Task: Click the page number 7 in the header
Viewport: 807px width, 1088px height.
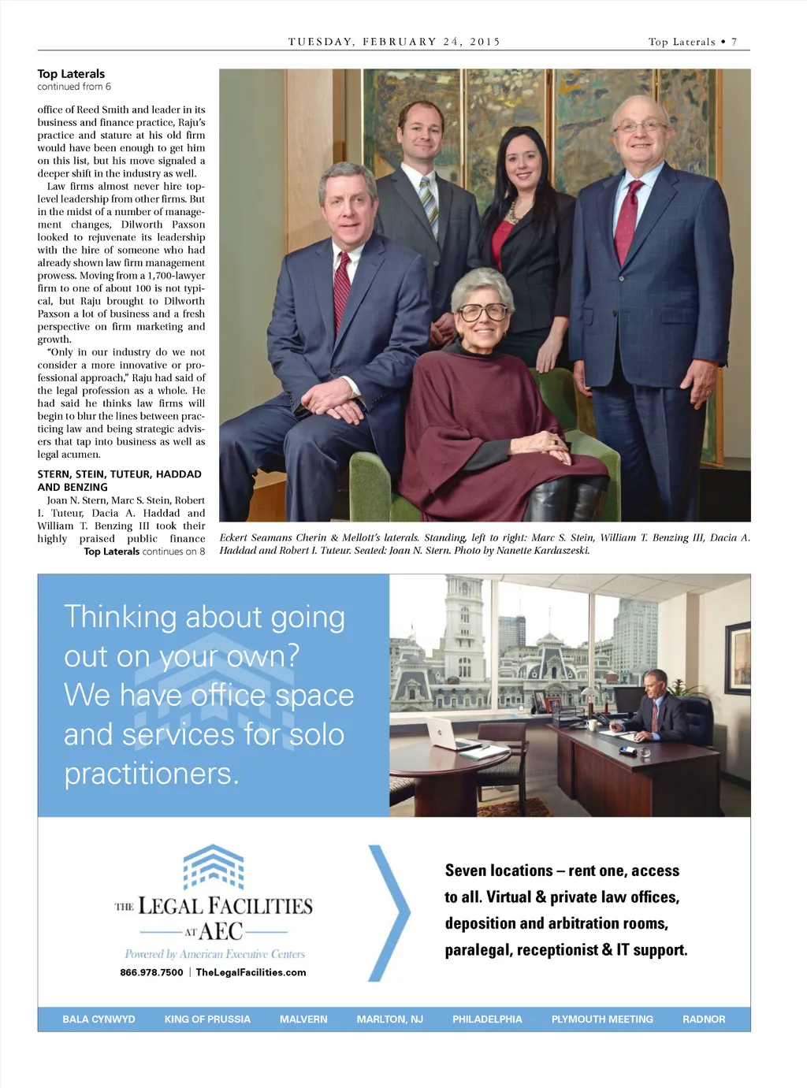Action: click(734, 42)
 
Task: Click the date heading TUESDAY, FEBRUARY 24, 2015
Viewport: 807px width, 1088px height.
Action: click(394, 42)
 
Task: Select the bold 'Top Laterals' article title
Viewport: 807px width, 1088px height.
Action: click(71, 74)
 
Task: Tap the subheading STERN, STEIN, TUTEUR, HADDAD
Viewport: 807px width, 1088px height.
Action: click(119, 474)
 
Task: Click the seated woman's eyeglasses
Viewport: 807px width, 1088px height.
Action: click(482, 312)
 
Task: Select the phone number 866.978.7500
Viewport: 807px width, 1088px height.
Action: click(151, 972)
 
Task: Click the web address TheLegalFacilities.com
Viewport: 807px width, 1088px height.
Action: click(251, 972)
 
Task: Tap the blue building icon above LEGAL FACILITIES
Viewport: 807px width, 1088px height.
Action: click(214, 867)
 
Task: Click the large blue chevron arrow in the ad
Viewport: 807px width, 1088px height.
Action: click(389, 913)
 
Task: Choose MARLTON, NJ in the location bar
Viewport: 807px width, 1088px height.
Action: click(389, 1019)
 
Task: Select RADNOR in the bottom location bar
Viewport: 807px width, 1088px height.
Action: click(703, 1019)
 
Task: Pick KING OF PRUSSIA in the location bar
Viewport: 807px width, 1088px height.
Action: click(207, 1019)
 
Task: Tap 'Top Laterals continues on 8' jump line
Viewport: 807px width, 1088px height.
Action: click(144, 551)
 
